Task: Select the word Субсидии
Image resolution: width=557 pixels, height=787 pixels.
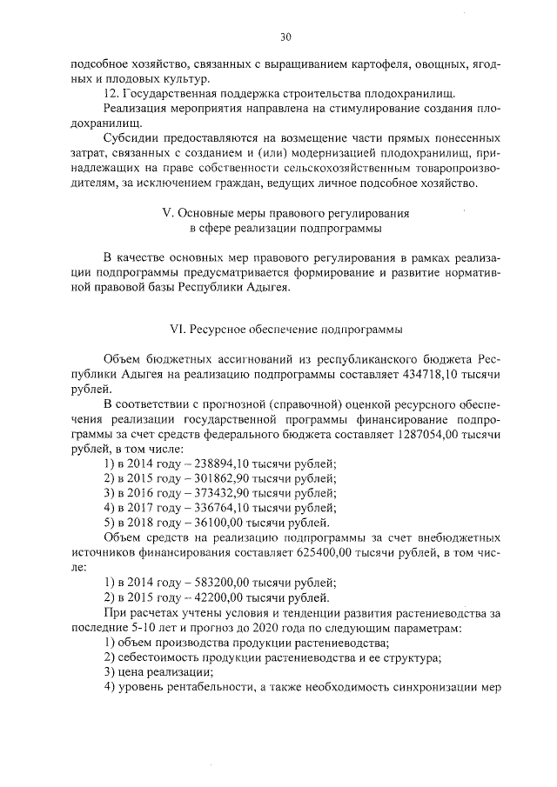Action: click(x=131, y=139)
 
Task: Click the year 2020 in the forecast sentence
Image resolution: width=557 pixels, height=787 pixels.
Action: click(x=263, y=628)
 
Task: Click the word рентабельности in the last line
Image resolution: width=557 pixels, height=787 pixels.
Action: click(x=206, y=687)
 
